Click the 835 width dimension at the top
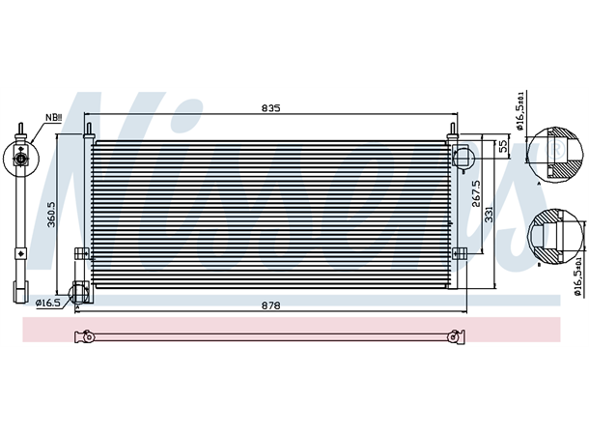271,109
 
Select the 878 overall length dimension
271,305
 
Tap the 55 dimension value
503,147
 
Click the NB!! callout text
53,119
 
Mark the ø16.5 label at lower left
48,303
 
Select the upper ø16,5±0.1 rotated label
521,110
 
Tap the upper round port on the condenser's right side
463,154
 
